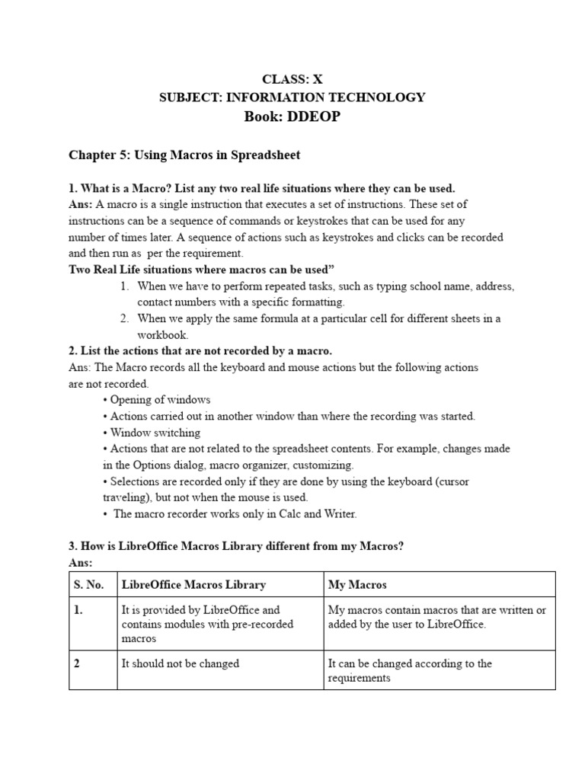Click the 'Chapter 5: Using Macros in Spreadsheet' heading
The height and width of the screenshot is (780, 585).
coord(184,155)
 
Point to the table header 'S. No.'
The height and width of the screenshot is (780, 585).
coord(90,584)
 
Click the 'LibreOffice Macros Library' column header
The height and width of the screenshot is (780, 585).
coord(193,584)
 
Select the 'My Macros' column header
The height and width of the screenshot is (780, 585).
coord(357,584)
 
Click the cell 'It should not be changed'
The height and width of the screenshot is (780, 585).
coord(181,663)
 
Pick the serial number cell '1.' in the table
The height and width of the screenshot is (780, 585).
coord(78,610)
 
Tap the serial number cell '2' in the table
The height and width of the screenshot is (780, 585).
coord(77,663)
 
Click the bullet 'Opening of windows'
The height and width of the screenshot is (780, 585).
coord(160,400)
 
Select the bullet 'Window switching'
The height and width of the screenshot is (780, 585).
coord(155,433)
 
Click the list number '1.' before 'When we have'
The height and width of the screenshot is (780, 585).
coord(124,286)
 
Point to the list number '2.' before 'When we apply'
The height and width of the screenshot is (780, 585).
coord(124,318)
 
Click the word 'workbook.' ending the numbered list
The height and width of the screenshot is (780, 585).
coord(162,334)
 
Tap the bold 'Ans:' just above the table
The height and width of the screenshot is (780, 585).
coord(81,562)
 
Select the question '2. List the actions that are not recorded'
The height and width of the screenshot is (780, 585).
coord(200,351)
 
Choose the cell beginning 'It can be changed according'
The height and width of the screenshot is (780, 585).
coord(410,663)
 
